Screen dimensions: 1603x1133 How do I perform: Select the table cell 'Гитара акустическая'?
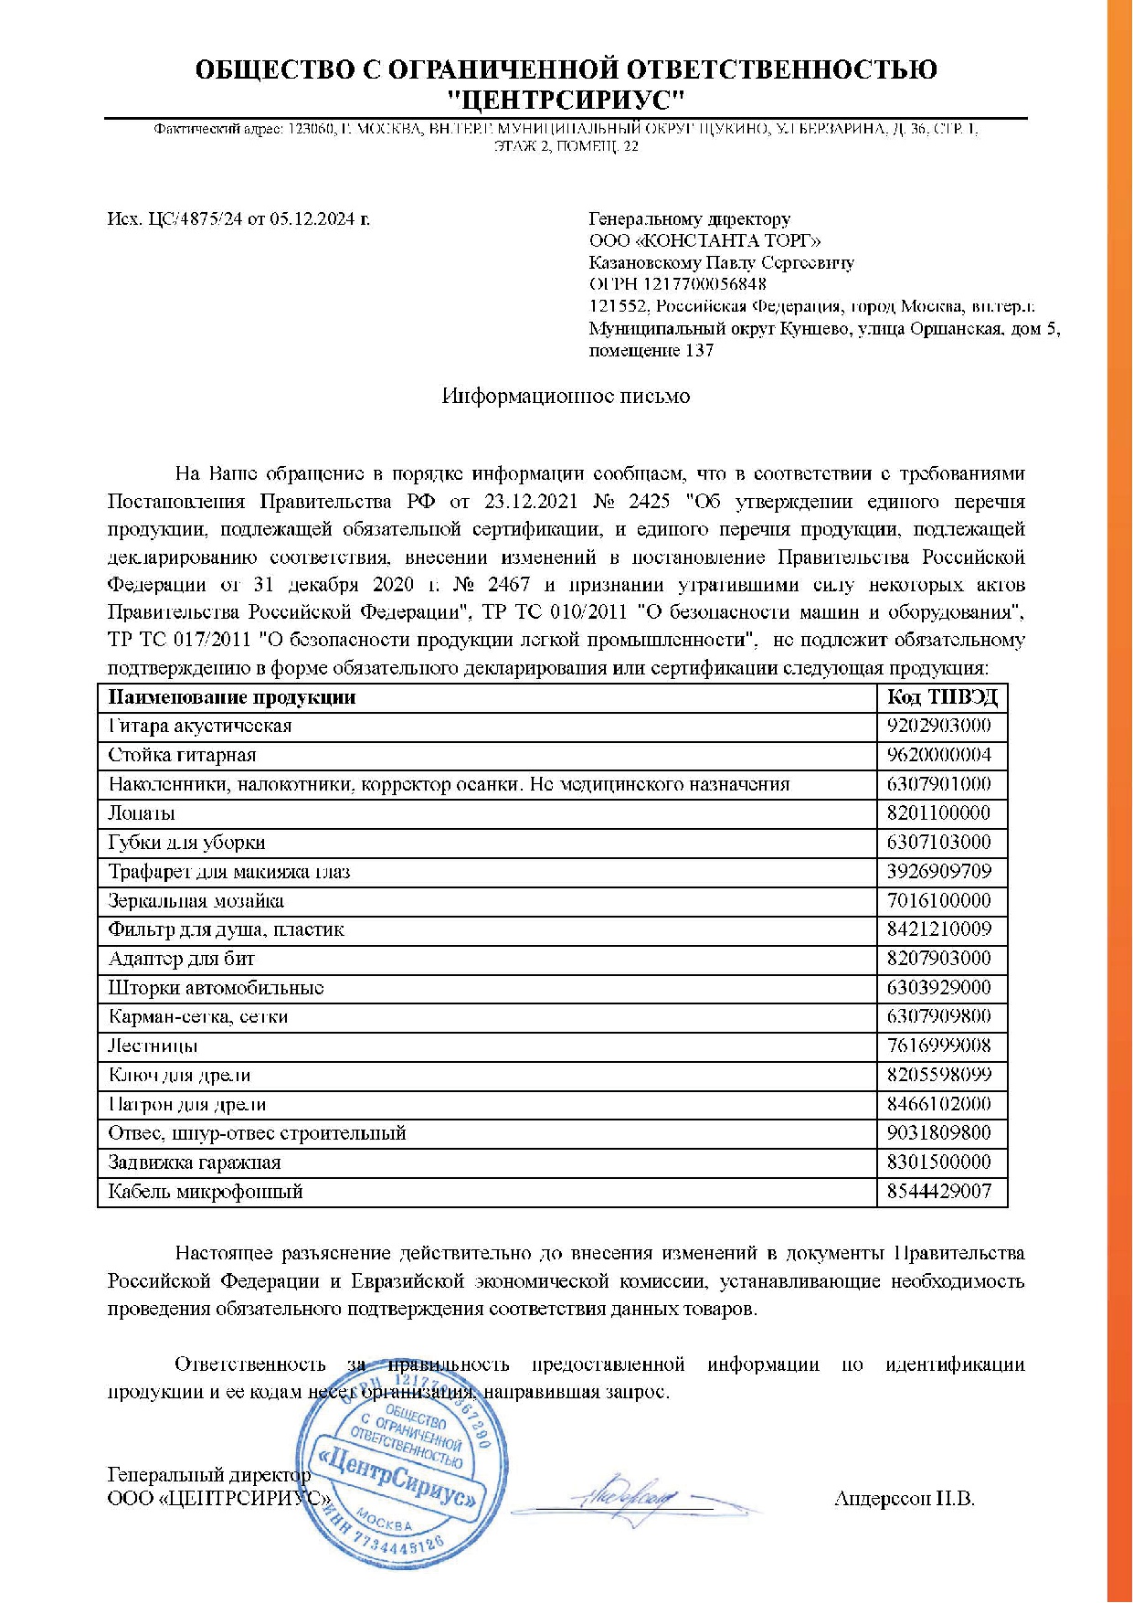[x=200, y=727]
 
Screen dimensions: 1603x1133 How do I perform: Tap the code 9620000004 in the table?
[x=939, y=756]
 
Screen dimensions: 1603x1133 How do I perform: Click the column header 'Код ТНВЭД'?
[x=942, y=697]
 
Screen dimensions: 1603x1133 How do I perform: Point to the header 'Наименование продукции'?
[x=232, y=697]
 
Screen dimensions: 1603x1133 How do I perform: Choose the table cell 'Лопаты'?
[x=142, y=813]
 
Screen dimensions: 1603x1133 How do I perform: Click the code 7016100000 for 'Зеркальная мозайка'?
[x=939, y=901]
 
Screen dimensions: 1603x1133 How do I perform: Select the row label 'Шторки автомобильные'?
[x=216, y=988]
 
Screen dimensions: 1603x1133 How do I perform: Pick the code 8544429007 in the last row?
[x=939, y=1192]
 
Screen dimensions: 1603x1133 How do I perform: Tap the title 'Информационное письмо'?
[x=566, y=397]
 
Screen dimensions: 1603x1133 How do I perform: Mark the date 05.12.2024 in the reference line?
[x=313, y=219]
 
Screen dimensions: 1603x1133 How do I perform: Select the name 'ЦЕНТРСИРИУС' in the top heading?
[x=566, y=98]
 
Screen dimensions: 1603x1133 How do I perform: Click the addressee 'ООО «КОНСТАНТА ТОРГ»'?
[x=704, y=240]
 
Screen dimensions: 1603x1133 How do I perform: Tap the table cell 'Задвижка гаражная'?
[x=195, y=1162]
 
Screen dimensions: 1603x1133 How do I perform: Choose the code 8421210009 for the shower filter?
[x=939, y=929]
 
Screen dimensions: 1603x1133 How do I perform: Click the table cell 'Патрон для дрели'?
[x=187, y=1104]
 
